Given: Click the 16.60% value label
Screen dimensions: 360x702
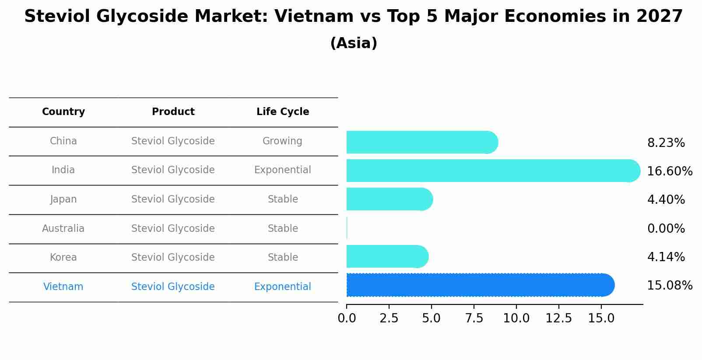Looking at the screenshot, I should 669,171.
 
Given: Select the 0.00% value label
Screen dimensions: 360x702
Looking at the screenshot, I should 666,228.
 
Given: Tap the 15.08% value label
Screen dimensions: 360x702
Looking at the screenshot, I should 669,285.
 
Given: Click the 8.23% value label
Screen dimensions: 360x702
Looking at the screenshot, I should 666,143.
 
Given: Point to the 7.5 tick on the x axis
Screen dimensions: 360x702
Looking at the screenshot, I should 474,318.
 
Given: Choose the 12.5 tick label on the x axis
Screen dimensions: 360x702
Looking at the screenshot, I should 559,318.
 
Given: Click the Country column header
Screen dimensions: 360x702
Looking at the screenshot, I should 63,112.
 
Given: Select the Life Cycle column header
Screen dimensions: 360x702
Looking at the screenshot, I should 283,112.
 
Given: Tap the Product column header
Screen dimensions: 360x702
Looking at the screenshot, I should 173,112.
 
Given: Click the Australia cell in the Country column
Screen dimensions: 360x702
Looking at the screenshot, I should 63,228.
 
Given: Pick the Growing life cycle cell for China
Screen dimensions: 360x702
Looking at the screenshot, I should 282,141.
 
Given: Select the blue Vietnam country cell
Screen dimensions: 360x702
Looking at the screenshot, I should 63,287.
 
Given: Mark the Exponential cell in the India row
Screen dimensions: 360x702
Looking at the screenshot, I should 282,170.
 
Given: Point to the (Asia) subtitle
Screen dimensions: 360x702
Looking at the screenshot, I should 354,43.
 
